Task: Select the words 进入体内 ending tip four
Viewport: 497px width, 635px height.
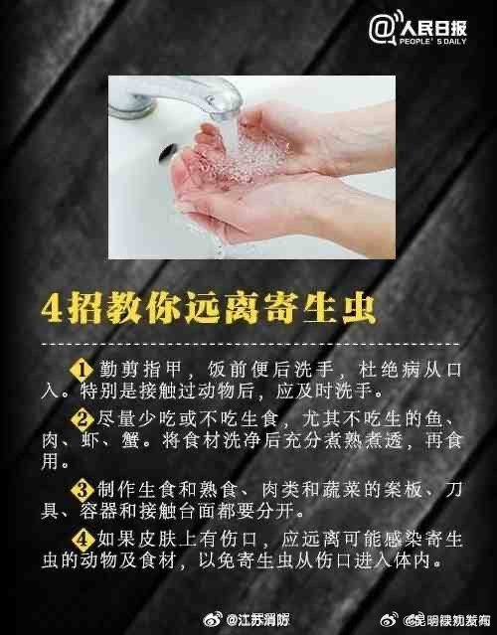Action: [x=407, y=559]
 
